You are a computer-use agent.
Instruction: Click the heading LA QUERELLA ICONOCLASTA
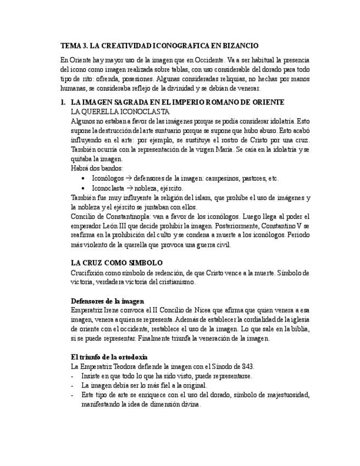click(121, 112)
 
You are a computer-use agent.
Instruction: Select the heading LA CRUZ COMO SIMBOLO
click(117, 263)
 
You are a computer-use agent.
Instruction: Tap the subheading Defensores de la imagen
click(107, 301)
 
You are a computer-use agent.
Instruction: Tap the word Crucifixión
click(89, 273)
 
